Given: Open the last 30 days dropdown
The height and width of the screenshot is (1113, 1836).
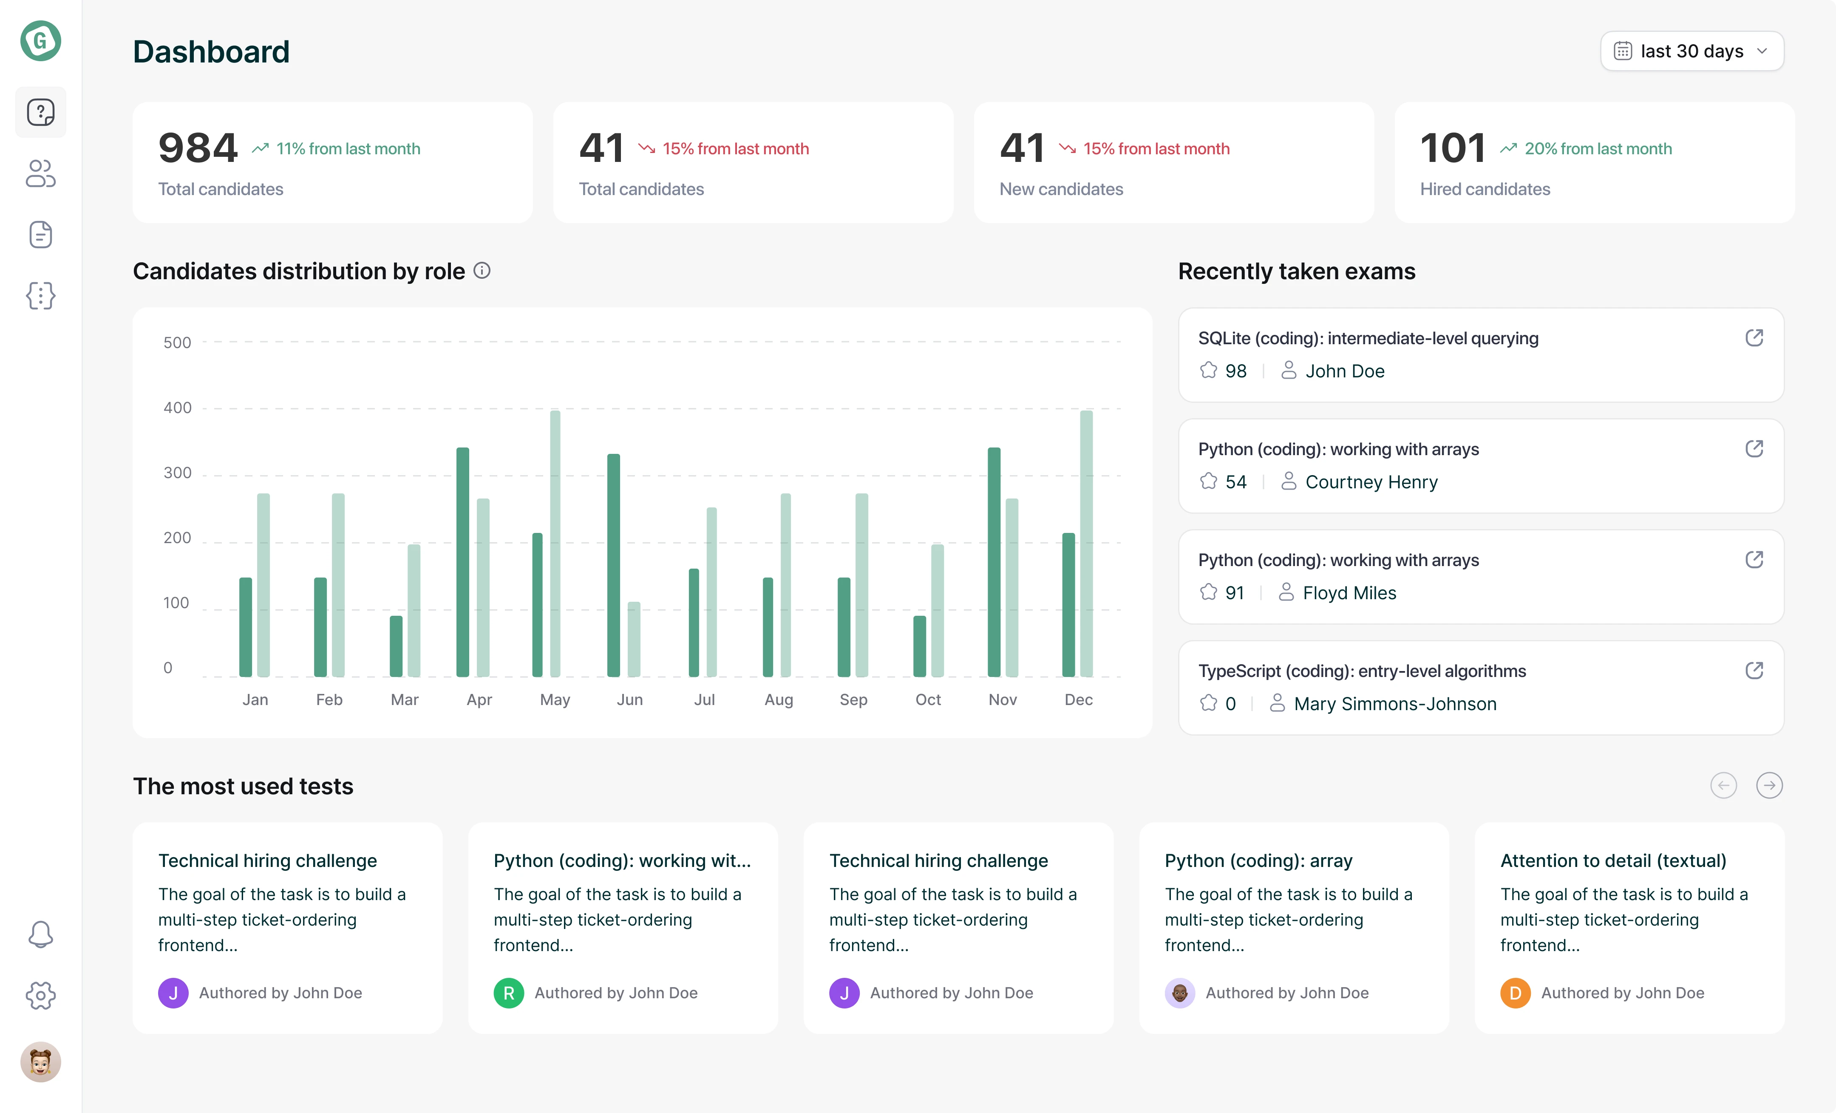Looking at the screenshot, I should [1691, 51].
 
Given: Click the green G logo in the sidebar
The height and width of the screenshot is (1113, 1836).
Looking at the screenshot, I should [40, 41].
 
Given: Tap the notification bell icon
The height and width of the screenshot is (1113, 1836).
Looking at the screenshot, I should [40, 934].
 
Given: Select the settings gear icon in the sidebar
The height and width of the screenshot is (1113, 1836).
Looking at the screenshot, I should [40, 995].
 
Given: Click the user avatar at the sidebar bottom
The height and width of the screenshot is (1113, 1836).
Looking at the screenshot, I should [40, 1062].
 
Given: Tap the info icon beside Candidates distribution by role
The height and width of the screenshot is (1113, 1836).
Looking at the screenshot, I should [482, 270].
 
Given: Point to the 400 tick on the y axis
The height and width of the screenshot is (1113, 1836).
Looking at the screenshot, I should [177, 408].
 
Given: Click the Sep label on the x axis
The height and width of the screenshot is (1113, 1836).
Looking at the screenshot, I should [853, 700].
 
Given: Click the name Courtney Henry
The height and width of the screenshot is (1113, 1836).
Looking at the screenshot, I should [1371, 482].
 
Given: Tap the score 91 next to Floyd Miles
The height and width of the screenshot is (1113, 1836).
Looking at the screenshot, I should [1235, 593].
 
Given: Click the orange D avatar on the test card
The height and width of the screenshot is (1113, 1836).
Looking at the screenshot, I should [1515, 993].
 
